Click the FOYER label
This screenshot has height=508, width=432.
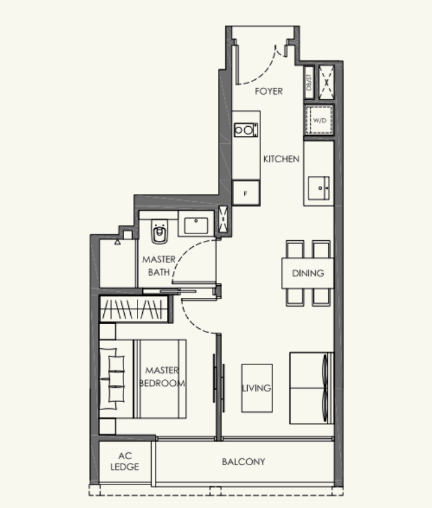(x=268, y=91)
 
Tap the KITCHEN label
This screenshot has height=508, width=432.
(x=281, y=159)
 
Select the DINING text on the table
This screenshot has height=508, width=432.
(x=308, y=273)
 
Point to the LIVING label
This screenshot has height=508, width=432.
(x=256, y=388)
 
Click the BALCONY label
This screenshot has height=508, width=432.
(x=244, y=462)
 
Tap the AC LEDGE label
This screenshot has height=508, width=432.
(x=125, y=461)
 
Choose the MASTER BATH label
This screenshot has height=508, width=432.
(x=159, y=266)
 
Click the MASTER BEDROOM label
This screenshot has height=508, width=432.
(x=162, y=376)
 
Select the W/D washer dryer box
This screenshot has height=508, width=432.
(x=319, y=120)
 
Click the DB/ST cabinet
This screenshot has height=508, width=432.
(x=309, y=83)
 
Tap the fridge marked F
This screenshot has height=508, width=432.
(x=246, y=193)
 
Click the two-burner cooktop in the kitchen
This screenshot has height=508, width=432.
(x=246, y=130)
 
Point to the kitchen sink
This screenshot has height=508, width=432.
(x=319, y=188)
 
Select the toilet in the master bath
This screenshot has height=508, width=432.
(x=160, y=232)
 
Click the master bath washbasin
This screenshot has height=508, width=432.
(x=196, y=225)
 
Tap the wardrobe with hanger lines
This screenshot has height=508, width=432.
(x=133, y=309)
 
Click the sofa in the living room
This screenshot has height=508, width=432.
(x=311, y=388)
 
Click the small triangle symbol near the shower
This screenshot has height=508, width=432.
(x=117, y=242)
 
